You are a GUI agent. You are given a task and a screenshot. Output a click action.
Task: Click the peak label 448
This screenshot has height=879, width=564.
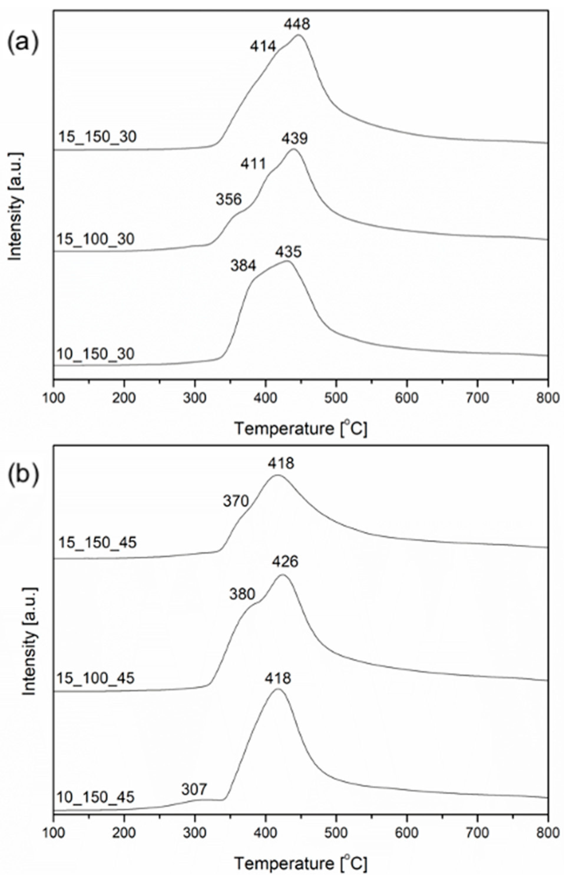pyautogui.click(x=297, y=24)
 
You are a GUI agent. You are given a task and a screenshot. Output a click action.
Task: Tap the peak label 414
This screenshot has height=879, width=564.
pyautogui.click(x=263, y=46)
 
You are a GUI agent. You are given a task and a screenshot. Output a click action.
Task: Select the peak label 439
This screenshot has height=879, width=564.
pyautogui.click(x=295, y=139)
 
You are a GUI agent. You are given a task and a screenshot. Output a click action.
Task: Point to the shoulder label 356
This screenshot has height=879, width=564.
pyautogui.click(x=229, y=200)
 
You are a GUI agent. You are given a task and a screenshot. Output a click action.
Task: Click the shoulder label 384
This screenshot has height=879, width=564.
pyautogui.click(x=243, y=266)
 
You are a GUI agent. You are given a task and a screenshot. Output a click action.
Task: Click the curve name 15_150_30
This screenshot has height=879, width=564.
pyautogui.click(x=97, y=137)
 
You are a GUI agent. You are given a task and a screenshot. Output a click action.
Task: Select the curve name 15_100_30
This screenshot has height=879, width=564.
pyautogui.click(x=96, y=239)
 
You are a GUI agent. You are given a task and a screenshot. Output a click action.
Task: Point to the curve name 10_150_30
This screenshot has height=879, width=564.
pyautogui.click(x=96, y=354)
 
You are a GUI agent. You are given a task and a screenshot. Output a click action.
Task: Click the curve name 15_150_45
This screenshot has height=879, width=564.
pyautogui.click(x=97, y=542)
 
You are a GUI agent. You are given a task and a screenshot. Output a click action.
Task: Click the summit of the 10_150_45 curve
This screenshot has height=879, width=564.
pyautogui.click(x=278, y=689)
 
